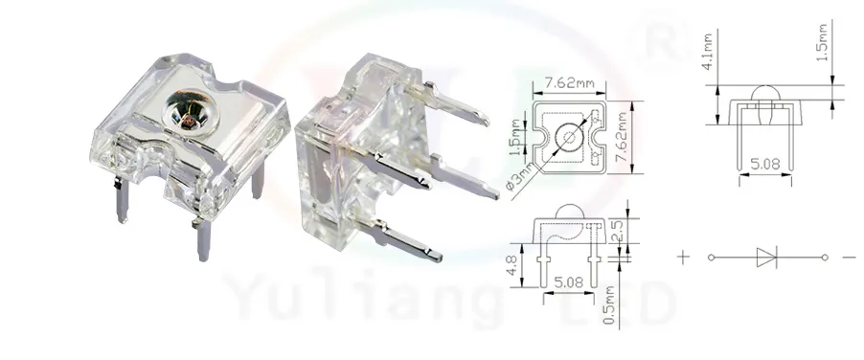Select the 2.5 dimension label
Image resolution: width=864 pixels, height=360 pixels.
pos(617,231)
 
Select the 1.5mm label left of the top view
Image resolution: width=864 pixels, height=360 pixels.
pos(516,137)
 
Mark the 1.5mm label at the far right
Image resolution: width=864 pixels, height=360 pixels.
pos(823,44)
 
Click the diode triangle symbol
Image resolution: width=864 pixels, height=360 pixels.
pos(766,257)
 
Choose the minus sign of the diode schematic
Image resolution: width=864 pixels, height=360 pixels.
pos(849,257)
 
